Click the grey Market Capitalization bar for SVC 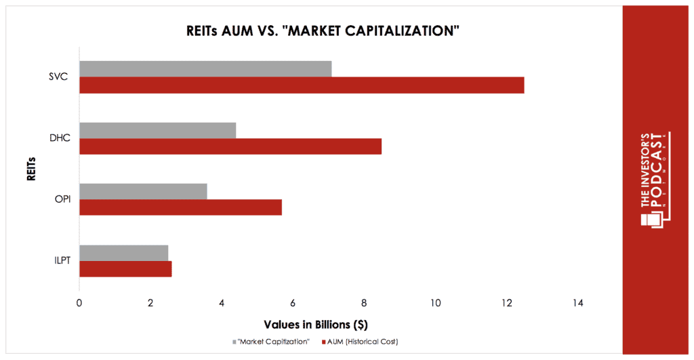[205, 68]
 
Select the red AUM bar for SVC [302, 85]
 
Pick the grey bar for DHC [157, 130]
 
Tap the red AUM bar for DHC [230, 146]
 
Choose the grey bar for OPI [143, 191]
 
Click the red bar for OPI [180, 207]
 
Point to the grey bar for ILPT [123, 253]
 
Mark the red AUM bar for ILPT [125, 268]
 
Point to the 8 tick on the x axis [364, 303]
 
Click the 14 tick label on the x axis [577, 303]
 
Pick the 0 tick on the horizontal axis [79, 303]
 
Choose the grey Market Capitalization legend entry [274, 342]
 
